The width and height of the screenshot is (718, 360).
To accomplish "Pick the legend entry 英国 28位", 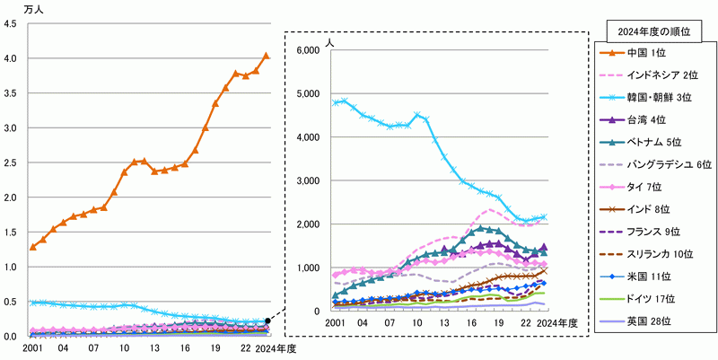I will [x=642, y=320].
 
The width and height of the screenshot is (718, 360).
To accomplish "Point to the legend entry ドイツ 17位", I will [x=643, y=297].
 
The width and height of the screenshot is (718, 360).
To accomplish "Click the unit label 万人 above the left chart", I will [x=20, y=8].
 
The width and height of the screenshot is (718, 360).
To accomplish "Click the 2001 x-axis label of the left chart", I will [x=33, y=348].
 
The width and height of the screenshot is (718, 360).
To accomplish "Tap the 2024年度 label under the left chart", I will [x=271, y=348].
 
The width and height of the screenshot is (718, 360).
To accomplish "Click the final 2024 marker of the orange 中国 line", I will [x=266, y=56].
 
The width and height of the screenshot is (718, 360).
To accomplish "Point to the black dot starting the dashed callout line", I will [x=268, y=320].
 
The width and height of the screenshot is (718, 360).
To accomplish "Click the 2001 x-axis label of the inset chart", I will [x=336, y=323].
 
